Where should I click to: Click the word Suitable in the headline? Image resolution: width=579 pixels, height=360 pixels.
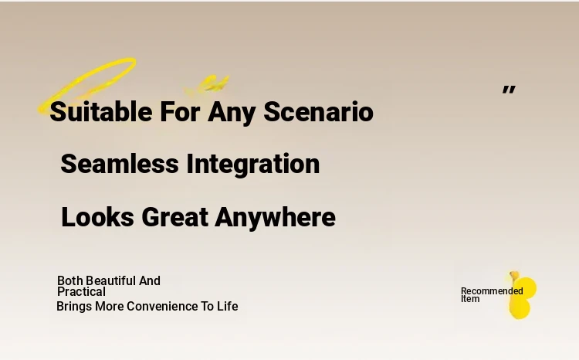(101, 111)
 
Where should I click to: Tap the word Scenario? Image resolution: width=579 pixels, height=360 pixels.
(318, 111)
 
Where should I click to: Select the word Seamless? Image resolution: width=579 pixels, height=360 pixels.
(120, 164)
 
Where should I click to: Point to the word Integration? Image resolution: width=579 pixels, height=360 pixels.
(253, 165)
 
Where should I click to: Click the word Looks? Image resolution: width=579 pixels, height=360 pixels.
(97, 217)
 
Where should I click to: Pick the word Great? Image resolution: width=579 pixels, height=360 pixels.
(174, 217)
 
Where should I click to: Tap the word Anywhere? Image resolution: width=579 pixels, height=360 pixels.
(275, 218)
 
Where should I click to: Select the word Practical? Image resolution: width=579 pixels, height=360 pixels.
(81, 291)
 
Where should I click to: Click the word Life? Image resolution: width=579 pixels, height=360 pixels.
(228, 306)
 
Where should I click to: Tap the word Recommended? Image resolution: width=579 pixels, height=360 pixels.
(492, 291)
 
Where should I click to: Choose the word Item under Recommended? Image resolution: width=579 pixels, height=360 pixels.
(470, 299)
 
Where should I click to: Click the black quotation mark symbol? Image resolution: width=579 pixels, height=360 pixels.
(509, 90)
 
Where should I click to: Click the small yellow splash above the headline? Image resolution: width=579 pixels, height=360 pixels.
(207, 86)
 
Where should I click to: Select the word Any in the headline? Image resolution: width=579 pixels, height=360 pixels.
(232, 112)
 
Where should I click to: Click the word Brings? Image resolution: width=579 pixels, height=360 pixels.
(74, 307)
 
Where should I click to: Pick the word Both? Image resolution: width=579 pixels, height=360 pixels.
(69, 280)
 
